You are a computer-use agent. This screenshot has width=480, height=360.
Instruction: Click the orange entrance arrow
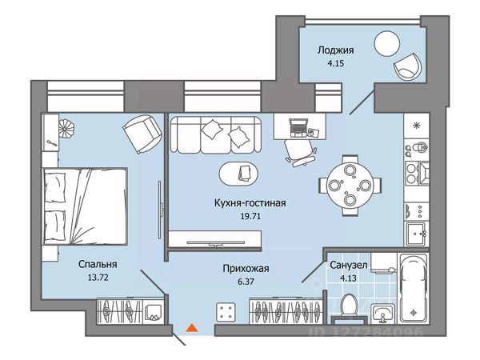192,327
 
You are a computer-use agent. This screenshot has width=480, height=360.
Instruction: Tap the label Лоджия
335,50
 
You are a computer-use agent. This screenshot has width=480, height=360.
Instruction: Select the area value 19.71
250,216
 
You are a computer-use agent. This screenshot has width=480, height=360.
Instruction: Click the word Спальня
98,264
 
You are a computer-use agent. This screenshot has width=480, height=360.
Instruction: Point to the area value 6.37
246,281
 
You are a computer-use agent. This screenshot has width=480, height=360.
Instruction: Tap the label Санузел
348,265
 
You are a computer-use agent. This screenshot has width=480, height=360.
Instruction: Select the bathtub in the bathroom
414,289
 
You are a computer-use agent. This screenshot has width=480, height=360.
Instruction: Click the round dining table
350,186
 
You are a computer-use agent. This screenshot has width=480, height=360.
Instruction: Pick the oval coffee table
238,174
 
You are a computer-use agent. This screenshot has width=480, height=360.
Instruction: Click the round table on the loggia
387,44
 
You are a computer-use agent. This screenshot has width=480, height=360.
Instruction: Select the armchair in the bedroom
142,134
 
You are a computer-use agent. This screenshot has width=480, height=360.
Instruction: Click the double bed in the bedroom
85,206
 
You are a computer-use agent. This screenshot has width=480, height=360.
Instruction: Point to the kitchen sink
416,234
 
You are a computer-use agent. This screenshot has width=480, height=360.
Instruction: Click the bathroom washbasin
382,314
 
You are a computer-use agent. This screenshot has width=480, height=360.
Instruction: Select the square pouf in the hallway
226,312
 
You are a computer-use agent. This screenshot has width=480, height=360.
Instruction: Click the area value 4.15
335,64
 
